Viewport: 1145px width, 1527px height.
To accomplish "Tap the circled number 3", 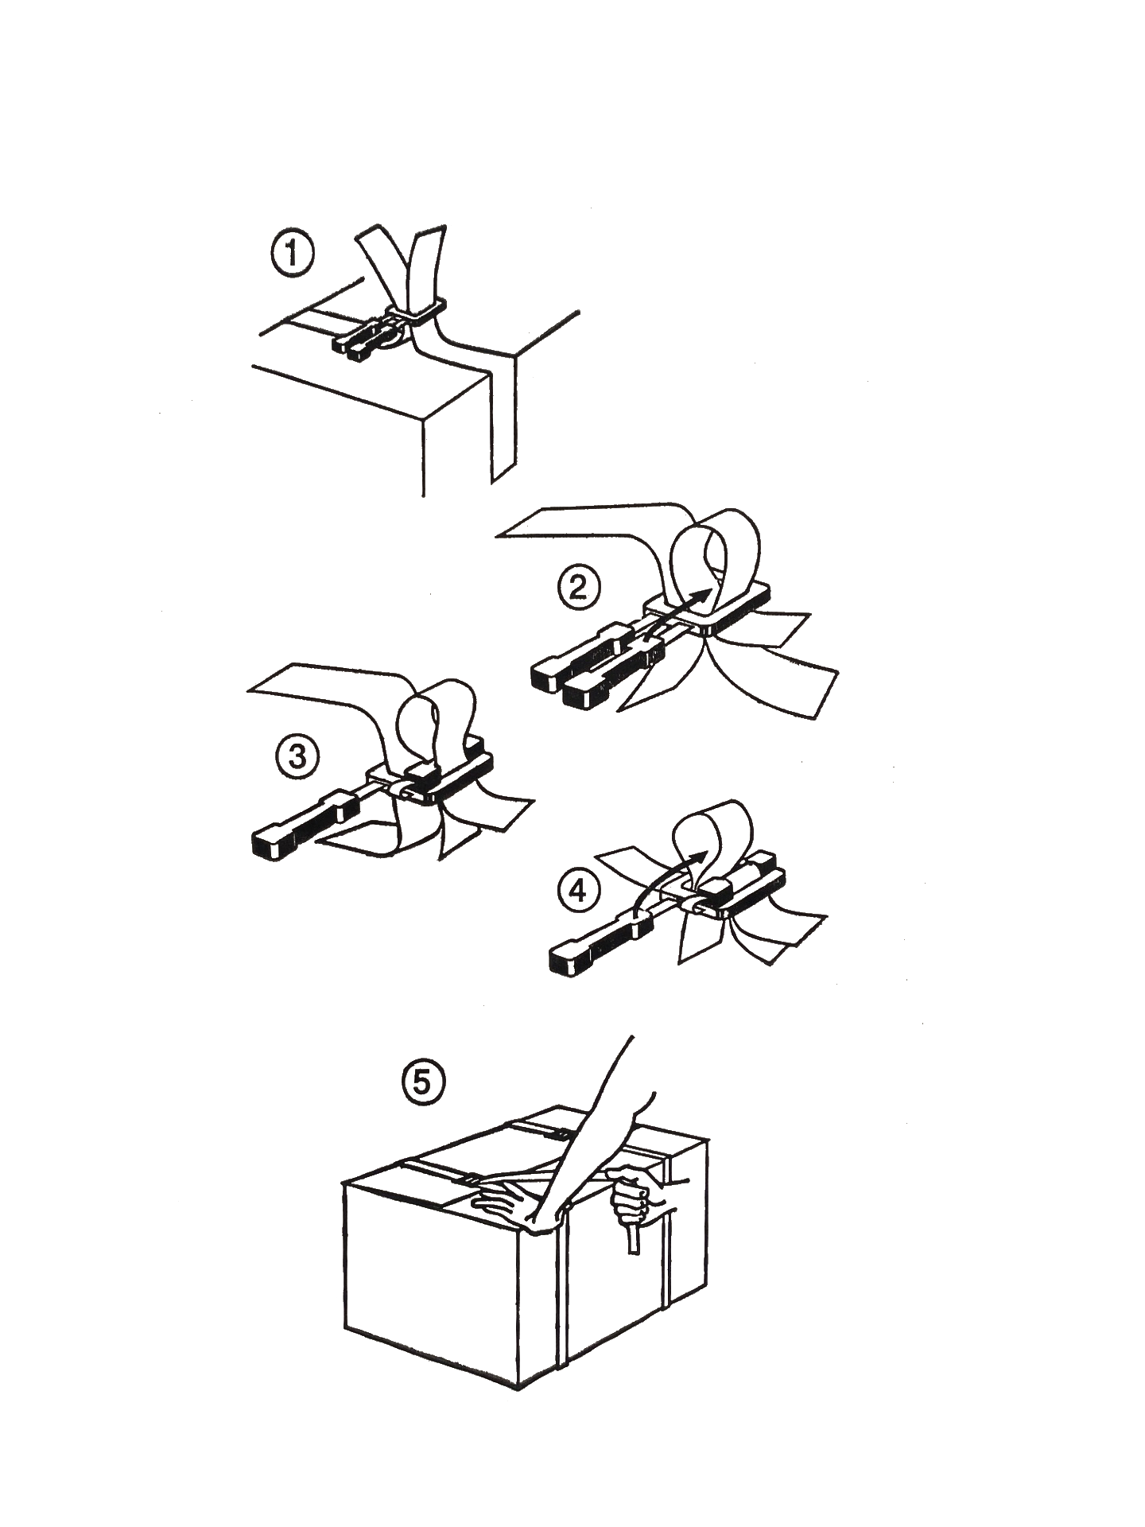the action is click(297, 756).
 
